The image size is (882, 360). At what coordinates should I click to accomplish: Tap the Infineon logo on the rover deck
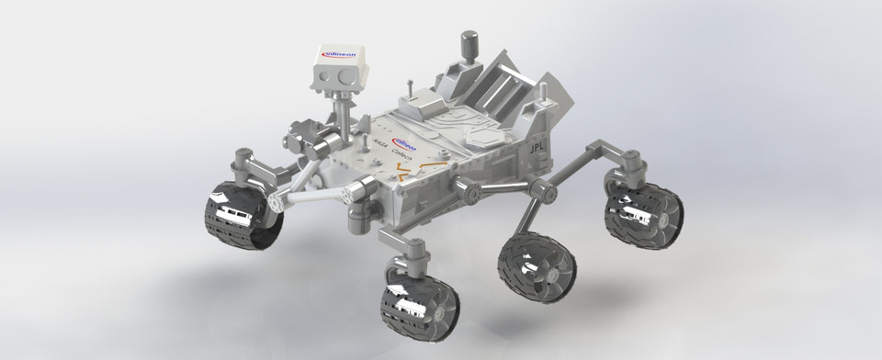pyautogui.click(x=405, y=144)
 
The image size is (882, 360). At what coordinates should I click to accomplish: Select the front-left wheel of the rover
pyautogui.click(x=241, y=217)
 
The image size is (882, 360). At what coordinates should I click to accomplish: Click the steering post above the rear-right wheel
pyautogui.click(x=635, y=165)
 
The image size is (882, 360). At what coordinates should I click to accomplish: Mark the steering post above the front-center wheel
pyautogui.click(x=413, y=249)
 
